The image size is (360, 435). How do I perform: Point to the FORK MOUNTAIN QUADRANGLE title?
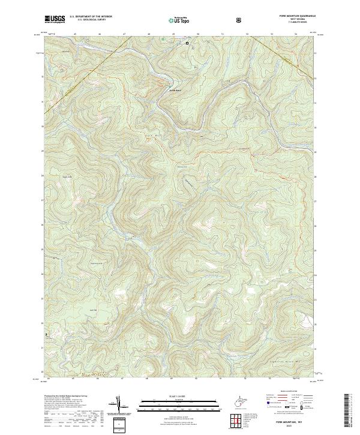(297, 17)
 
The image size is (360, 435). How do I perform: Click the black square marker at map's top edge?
(187, 43)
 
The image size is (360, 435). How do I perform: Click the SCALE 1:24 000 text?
(171, 396)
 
